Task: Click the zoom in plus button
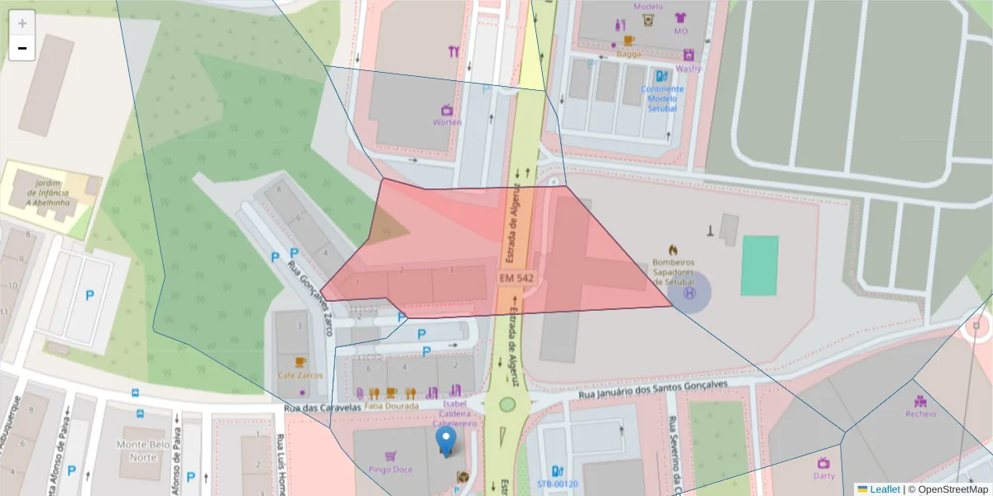click(x=22, y=23)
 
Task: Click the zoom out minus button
click(x=22, y=48)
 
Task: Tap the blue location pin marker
click(x=446, y=441)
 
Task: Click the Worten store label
click(x=447, y=122)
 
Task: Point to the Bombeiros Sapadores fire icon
click(x=672, y=248)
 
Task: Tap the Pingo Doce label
click(x=391, y=470)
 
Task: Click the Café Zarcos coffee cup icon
click(x=300, y=362)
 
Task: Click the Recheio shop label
click(x=920, y=413)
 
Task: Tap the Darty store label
click(x=823, y=475)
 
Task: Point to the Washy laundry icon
click(x=688, y=55)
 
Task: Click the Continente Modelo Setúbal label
click(x=662, y=98)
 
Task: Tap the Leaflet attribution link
click(x=884, y=489)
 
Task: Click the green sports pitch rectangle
click(x=759, y=265)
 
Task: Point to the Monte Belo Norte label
click(x=137, y=451)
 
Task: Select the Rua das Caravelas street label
click(x=322, y=407)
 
